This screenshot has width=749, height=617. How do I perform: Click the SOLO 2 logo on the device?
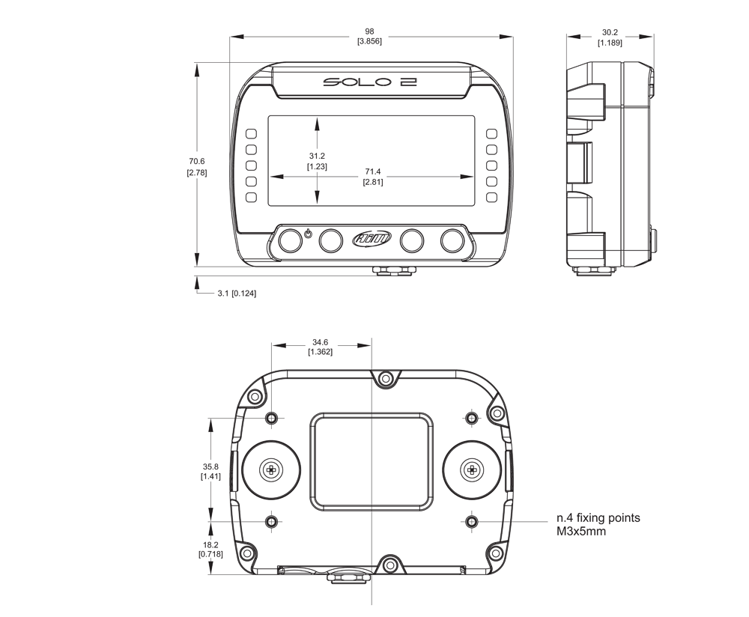[x=370, y=82]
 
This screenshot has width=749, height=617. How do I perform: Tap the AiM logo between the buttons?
[x=372, y=240]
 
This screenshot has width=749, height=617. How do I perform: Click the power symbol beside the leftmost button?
[x=309, y=235]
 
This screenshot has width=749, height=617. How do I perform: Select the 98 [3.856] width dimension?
[x=369, y=36]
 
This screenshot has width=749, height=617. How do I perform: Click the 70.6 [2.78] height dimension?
[x=196, y=166]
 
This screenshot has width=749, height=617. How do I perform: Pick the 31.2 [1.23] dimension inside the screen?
[x=317, y=161]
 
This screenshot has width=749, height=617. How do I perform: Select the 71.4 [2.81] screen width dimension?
[x=372, y=177]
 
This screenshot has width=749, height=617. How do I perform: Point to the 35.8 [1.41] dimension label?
[x=210, y=471]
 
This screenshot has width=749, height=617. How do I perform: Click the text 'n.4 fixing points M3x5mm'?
[x=598, y=524]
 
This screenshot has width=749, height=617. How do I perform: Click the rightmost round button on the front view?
[x=452, y=240]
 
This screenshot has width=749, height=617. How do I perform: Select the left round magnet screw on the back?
[x=271, y=470]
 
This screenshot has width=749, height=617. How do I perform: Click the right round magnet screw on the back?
[x=472, y=470]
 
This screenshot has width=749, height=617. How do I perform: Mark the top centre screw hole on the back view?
[x=386, y=379]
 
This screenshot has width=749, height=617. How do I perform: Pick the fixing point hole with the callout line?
[x=470, y=520]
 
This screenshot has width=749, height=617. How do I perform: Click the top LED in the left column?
[x=251, y=133]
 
